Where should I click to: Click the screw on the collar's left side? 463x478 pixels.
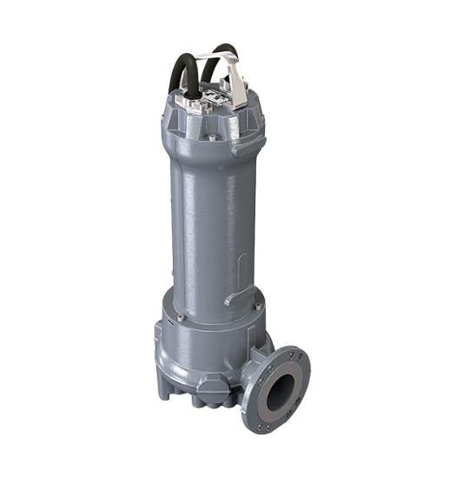[x=179, y=317]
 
